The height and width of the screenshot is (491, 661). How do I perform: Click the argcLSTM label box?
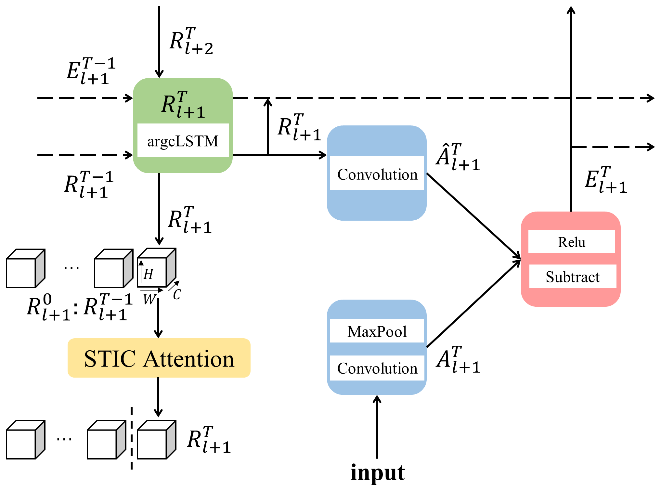pos(183,141)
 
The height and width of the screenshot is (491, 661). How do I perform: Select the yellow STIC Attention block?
pos(159,358)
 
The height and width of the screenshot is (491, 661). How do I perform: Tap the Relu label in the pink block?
pos(572,242)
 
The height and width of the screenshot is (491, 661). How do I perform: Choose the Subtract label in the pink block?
pos(573,277)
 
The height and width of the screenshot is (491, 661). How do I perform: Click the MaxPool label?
pos(377,331)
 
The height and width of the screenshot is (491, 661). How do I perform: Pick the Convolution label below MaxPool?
pos(377,368)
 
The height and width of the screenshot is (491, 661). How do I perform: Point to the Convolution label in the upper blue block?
pos(377,174)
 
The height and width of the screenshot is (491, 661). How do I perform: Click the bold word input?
pos(378,473)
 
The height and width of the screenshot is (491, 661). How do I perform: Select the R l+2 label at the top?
pos(191,41)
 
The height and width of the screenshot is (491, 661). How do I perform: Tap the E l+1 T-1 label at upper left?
pos(91,71)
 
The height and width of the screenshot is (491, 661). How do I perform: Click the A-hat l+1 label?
pos(458,157)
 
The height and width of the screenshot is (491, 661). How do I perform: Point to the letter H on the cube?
pos(148,274)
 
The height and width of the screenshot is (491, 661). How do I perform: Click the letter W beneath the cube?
pos(149,299)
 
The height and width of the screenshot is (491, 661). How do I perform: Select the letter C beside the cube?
pos(177,294)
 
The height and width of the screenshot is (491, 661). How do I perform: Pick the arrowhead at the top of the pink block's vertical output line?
pos(571,9)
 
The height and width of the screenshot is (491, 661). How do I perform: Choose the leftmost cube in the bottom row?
pos(25,440)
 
